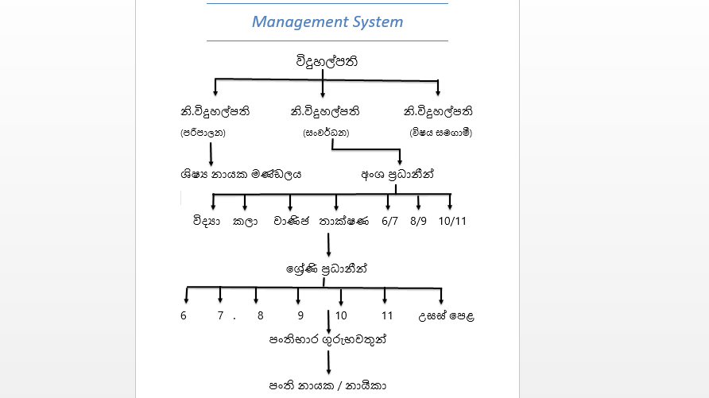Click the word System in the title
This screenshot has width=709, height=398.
377,21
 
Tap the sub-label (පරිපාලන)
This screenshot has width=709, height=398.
203,133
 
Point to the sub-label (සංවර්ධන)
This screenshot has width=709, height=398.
327,133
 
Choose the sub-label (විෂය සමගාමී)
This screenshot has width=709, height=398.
441,133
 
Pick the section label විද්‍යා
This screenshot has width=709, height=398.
206,221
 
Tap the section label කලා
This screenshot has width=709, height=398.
246,221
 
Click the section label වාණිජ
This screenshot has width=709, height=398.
290,221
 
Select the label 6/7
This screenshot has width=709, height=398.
389,221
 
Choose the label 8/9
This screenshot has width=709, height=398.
419,221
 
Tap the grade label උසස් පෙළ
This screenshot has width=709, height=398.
446,315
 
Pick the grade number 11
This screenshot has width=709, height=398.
387,315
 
